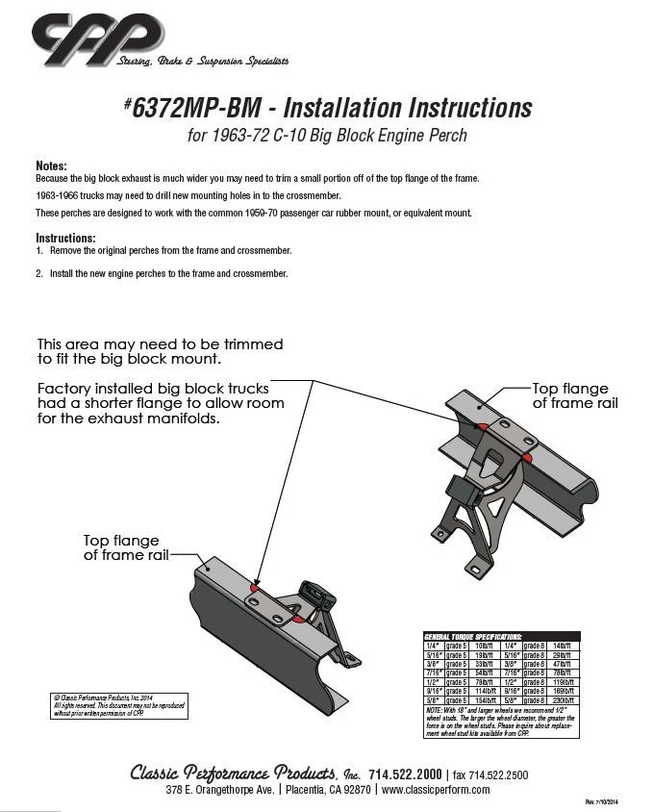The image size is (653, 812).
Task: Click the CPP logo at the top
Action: click(x=96, y=39)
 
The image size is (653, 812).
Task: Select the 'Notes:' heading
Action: click(x=51, y=165)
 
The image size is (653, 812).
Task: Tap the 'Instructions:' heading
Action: click(x=65, y=238)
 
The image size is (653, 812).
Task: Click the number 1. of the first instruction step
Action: click(x=39, y=250)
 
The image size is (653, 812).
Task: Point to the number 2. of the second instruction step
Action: click(x=39, y=273)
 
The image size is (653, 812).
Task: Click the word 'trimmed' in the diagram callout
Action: click(x=251, y=343)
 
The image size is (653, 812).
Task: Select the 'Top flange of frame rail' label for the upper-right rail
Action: click(x=575, y=395)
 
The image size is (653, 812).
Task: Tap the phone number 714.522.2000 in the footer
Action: click(x=405, y=774)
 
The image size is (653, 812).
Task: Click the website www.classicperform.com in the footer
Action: click(x=436, y=790)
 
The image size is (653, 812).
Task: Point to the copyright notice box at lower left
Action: click(x=118, y=705)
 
